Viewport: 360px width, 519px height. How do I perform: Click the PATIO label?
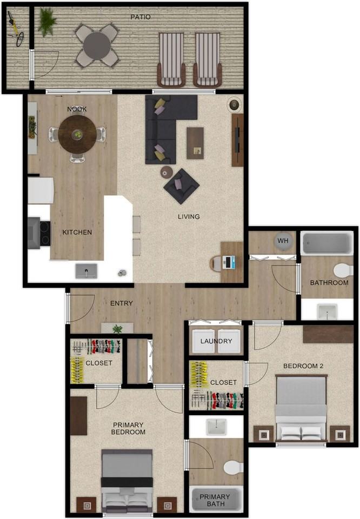(141, 17)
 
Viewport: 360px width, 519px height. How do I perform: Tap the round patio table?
(97, 45)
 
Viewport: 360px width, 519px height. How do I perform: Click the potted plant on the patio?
(47, 22)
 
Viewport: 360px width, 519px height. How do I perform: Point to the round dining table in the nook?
(78, 134)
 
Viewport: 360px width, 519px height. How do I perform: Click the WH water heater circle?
(284, 241)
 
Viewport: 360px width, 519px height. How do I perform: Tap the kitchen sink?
(86, 271)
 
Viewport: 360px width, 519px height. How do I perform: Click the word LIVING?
(189, 217)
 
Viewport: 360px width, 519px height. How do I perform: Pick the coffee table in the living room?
(195, 143)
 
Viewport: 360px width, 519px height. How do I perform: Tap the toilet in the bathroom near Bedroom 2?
(343, 270)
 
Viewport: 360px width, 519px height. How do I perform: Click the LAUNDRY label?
(216, 341)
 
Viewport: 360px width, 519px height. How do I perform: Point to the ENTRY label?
(121, 303)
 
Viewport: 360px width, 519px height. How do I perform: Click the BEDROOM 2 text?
(303, 366)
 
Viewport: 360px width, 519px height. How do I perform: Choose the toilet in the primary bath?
(233, 467)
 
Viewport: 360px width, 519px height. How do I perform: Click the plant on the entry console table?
(117, 328)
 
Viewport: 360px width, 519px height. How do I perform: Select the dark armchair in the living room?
(182, 186)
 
